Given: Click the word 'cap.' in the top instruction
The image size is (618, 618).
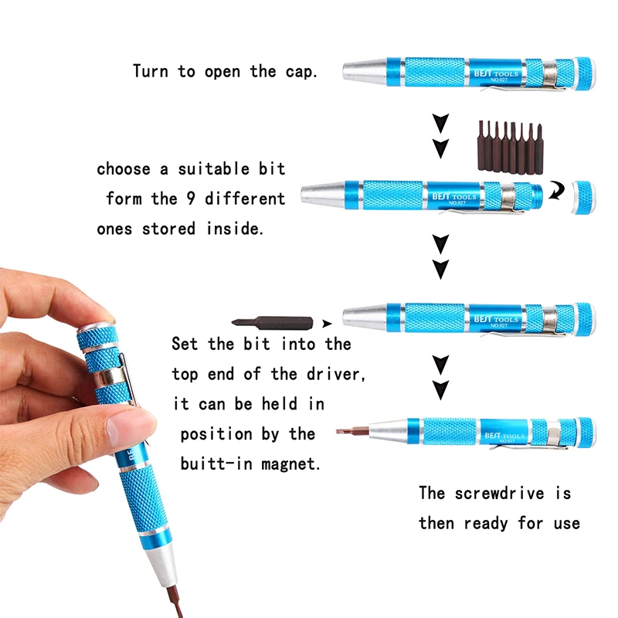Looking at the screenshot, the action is point(301,72).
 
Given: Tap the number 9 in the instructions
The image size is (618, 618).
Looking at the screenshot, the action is point(191,199).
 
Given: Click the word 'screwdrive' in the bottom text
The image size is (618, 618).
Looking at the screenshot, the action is point(499,494).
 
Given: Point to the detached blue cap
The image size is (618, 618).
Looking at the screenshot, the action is point(584,198).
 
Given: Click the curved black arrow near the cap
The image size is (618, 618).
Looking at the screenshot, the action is point(557,191).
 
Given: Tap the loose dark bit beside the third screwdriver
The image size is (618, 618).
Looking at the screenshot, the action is point(273,322).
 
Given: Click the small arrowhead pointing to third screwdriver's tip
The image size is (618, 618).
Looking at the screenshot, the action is point(327,324).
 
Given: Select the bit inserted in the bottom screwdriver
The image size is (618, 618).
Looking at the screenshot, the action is point(353,432).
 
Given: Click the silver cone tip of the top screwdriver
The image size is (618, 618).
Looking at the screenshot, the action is point(365,71).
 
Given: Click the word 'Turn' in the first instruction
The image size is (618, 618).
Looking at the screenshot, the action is point(151,72).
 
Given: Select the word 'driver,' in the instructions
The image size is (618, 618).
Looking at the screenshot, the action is point(336,374).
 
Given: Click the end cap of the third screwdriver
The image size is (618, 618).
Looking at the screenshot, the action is point(585,319).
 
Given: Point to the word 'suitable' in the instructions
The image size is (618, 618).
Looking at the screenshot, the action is point(214,169).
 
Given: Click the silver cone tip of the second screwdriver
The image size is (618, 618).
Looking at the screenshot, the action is point(323,194).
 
